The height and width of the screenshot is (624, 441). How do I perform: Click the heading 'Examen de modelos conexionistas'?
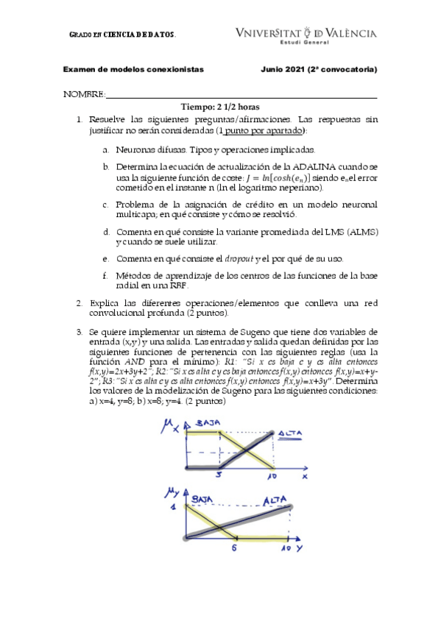pos(133,70)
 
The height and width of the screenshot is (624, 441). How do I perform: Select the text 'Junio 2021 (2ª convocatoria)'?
pos(319,70)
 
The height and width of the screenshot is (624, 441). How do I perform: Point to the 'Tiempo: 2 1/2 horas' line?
pos(220,107)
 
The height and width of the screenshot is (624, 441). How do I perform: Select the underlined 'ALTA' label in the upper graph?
pos(292,434)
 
